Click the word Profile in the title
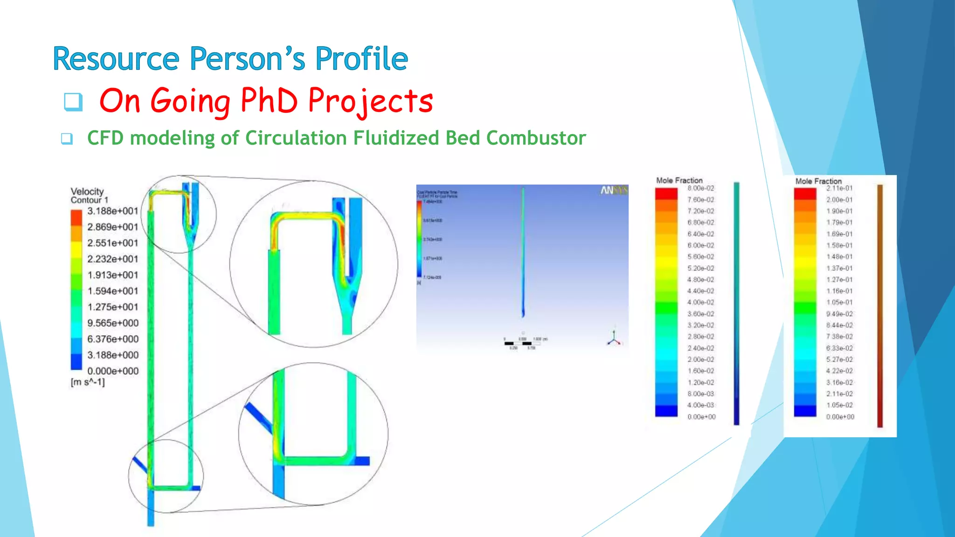point(361,59)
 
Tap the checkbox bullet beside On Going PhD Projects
point(73,102)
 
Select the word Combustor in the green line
point(536,138)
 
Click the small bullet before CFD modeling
point(67,138)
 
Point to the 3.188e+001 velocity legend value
point(113,211)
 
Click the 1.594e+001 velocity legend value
point(113,291)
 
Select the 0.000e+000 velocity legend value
point(113,371)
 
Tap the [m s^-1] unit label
point(88,382)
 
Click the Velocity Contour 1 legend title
point(89,195)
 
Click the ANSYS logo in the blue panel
point(614,190)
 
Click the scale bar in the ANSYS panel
point(523,343)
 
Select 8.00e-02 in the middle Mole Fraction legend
point(700,188)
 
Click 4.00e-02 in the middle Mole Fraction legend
point(700,303)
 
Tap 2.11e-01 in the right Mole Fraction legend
point(839,188)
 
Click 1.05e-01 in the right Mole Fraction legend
point(839,303)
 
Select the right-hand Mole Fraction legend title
point(818,181)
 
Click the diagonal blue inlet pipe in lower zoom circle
point(258,418)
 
